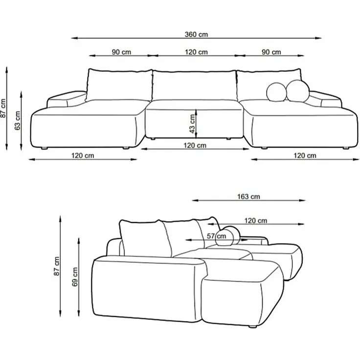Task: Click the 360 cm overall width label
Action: [x=196, y=34]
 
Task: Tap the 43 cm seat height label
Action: [x=193, y=122]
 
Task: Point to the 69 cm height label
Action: [x=75, y=277]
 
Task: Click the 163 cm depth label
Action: [x=248, y=197]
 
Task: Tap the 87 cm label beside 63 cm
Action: [x=3, y=108]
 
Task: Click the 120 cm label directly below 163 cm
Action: [x=256, y=221]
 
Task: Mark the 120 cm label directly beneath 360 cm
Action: [x=196, y=52]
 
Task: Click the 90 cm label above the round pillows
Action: [x=271, y=52]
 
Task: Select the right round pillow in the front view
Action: [x=297, y=91]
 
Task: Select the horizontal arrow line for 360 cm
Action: [x=147, y=38]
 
